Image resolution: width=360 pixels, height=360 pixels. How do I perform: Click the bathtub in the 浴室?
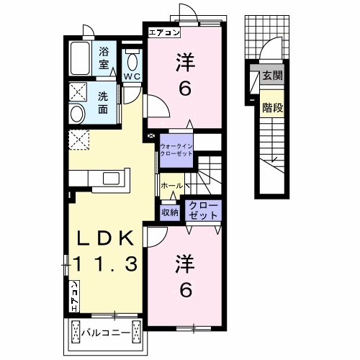(80, 58)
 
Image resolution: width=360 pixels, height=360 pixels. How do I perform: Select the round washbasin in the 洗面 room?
(77, 114)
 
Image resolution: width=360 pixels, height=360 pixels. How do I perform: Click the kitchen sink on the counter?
(111, 178)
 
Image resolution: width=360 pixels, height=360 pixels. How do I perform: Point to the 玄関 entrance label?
(272, 76)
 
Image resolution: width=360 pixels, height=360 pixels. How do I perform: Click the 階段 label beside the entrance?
(273, 108)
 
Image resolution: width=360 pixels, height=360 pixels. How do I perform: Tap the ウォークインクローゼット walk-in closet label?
(176, 150)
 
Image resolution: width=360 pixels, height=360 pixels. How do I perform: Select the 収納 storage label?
(170, 212)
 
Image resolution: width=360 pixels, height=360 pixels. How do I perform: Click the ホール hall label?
(172, 186)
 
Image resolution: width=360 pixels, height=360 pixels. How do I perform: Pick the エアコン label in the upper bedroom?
(164, 32)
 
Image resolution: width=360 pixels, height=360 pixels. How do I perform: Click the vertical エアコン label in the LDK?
(74, 297)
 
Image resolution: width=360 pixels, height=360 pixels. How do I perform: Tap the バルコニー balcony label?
(106, 333)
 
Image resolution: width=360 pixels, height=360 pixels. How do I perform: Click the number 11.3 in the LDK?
(106, 264)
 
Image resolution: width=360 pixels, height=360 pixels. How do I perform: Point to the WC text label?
(132, 77)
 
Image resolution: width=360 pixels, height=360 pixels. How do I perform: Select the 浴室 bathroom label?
(104, 58)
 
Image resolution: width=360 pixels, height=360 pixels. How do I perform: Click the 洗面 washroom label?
(103, 103)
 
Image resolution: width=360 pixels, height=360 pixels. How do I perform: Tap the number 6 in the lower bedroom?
(186, 290)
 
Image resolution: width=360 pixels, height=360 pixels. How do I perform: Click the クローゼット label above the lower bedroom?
(203, 210)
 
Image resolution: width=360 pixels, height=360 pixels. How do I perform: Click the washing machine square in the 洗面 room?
(78, 91)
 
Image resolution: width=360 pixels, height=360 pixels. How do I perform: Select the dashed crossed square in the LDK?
(79, 140)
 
